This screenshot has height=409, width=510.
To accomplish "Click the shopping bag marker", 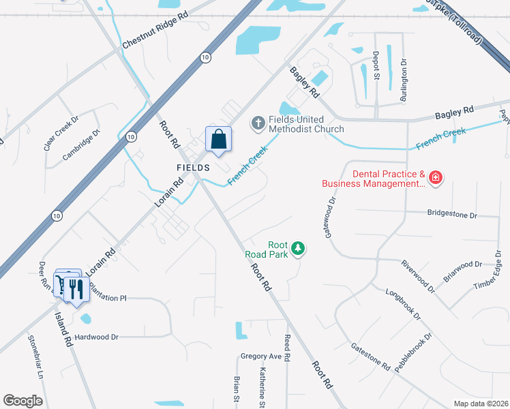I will pyautogui.click(x=219, y=140).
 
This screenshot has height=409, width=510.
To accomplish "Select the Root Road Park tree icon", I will pyautogui.click(x=297, y=249).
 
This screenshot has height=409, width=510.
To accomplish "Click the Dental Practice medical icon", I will pyautogui.click(x=435, y=179).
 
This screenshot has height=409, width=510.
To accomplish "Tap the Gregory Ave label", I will pyautogui.click(x=261, y=357).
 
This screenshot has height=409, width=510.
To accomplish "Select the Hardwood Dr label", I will pyautogui.click(x=97, y=337).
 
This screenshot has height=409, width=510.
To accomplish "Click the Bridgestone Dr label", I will pyautogui.click(x=452, y=214).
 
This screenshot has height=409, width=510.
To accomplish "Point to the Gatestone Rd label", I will pyautogui.click(x=370, y=357).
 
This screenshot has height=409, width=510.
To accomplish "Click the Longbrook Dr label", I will pyautogui.click(x=403, y=306).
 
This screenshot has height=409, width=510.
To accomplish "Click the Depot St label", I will pyautogui.click(x=376, y=66).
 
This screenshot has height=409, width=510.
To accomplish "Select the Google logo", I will pyautogui.click(x=22, y=401).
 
